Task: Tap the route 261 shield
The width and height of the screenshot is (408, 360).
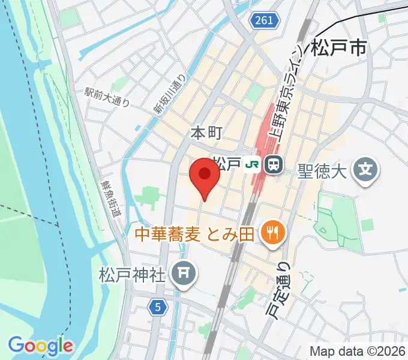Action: point(264,20)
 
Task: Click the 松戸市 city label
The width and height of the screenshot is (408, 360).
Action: point(339,48)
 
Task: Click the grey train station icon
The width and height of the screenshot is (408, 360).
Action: point(274,164)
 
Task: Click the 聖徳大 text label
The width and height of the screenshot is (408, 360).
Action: point(323,172)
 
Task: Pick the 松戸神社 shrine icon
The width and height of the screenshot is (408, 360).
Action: point(184,274)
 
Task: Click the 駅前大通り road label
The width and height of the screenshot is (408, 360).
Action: point(107,97)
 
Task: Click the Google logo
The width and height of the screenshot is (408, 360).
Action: point(41,345)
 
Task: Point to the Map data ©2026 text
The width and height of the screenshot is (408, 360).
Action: point(357,352)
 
